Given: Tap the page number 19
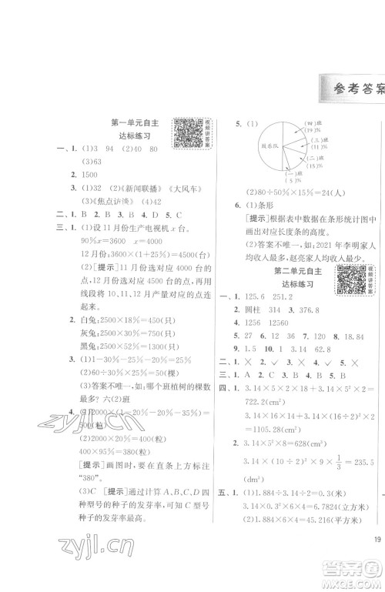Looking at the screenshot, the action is pyautogui.click(x=374, y=541).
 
